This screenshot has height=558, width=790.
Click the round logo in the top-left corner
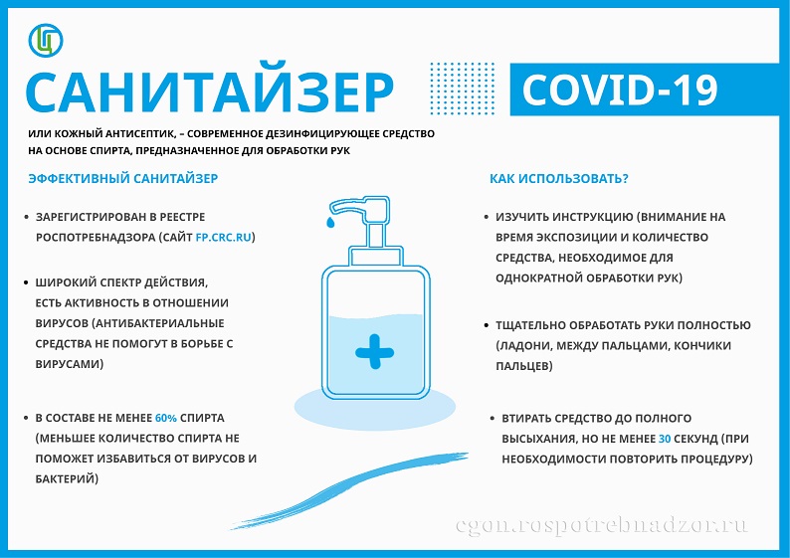pyautogui.click(x=46, y=40)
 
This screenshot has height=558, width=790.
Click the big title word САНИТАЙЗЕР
pyautogui.click(x=210, y=93)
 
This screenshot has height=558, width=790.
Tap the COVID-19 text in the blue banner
pyautogui.click(x=620, y=91)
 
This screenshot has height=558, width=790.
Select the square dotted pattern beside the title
pyautogui.click(x=463, y=89)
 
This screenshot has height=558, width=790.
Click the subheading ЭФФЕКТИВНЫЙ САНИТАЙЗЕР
pyautogui.click(x=123, y=178)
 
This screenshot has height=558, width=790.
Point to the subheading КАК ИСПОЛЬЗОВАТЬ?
pyautogui.click(x=559, y=178)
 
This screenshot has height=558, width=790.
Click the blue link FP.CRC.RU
pyautogui.click(x=223, y=237)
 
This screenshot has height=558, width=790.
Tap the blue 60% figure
pyautogui.click(x=166, y=418)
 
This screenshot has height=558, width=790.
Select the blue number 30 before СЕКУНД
pyautogui.click(x=665, y=439)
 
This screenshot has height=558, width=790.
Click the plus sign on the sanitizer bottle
pyautogui.click(x=374, y=351)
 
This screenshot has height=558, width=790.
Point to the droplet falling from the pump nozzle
pyautogui.click(x=329, y=222)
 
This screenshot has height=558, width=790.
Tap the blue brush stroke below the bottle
pyautogui.click(x=349, y=489)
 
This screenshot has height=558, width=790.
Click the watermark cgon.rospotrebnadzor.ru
pyautogui.click(x=602, y=525)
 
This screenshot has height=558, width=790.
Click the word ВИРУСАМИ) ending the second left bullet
pyautogui.click(x=70, y=364)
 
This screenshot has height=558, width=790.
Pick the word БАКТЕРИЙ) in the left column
pyautogui.click(x=67, y=479)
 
